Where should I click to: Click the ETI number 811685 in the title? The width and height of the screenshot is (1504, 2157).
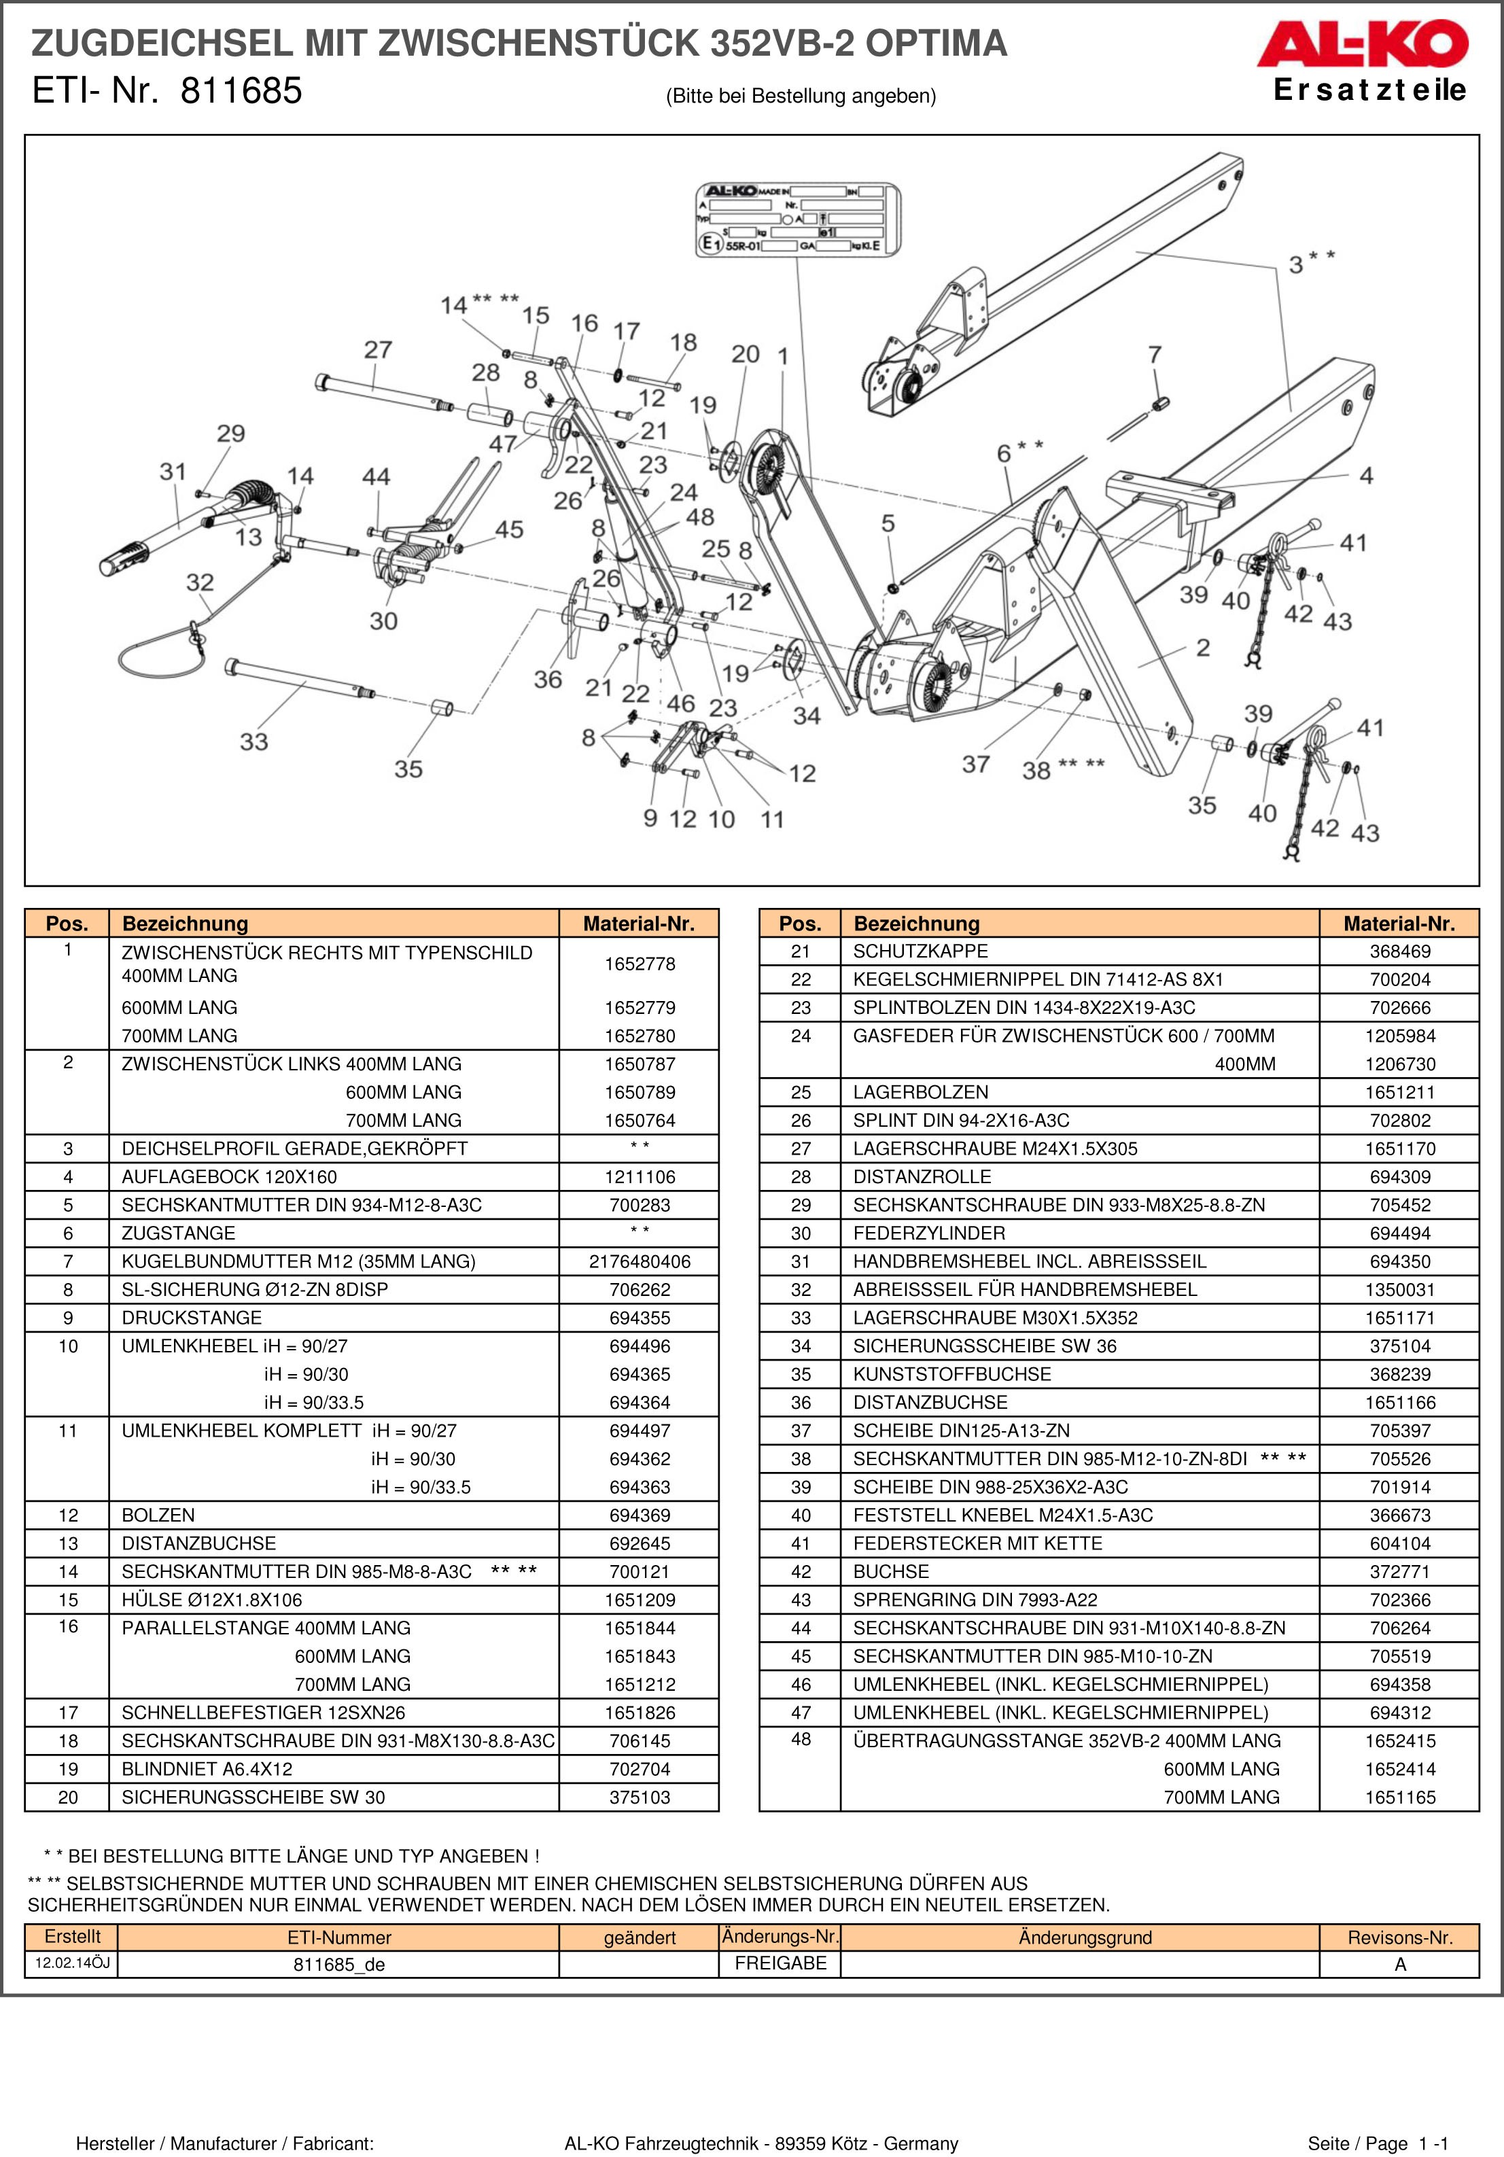click(x=241, y=91)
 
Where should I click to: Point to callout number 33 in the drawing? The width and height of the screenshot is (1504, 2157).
click(x=253, y=742)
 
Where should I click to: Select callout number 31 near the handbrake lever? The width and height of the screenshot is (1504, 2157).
click(x=173, y=472)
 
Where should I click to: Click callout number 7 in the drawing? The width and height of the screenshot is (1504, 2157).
click(x=1155, y=355)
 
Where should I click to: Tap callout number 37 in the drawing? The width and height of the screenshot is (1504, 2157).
click(x=975, y=765)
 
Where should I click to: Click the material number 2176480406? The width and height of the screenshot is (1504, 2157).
click(x=639, y=1262)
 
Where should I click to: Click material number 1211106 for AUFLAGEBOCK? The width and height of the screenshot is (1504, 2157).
click(x=639, y=1177)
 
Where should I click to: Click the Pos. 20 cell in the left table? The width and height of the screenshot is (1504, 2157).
click(x=68, y=1798)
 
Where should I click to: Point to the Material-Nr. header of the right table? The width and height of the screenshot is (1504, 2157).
click(x=1398, y=924)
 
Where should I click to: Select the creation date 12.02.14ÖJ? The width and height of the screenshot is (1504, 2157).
click(x=71, y=1963)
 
